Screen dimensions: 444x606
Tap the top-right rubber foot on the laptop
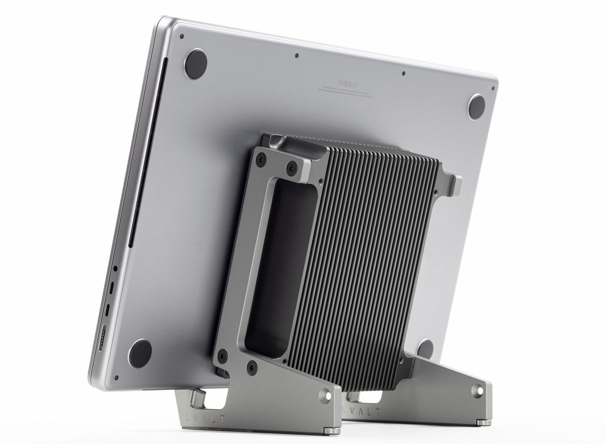[476, 106]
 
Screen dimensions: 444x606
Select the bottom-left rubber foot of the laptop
[140, 353]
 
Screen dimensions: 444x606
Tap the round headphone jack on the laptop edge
[115, 268]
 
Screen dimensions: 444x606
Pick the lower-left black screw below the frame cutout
[222, 357]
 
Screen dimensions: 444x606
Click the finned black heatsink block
[370, 262]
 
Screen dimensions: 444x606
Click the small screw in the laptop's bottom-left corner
[116, 377]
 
